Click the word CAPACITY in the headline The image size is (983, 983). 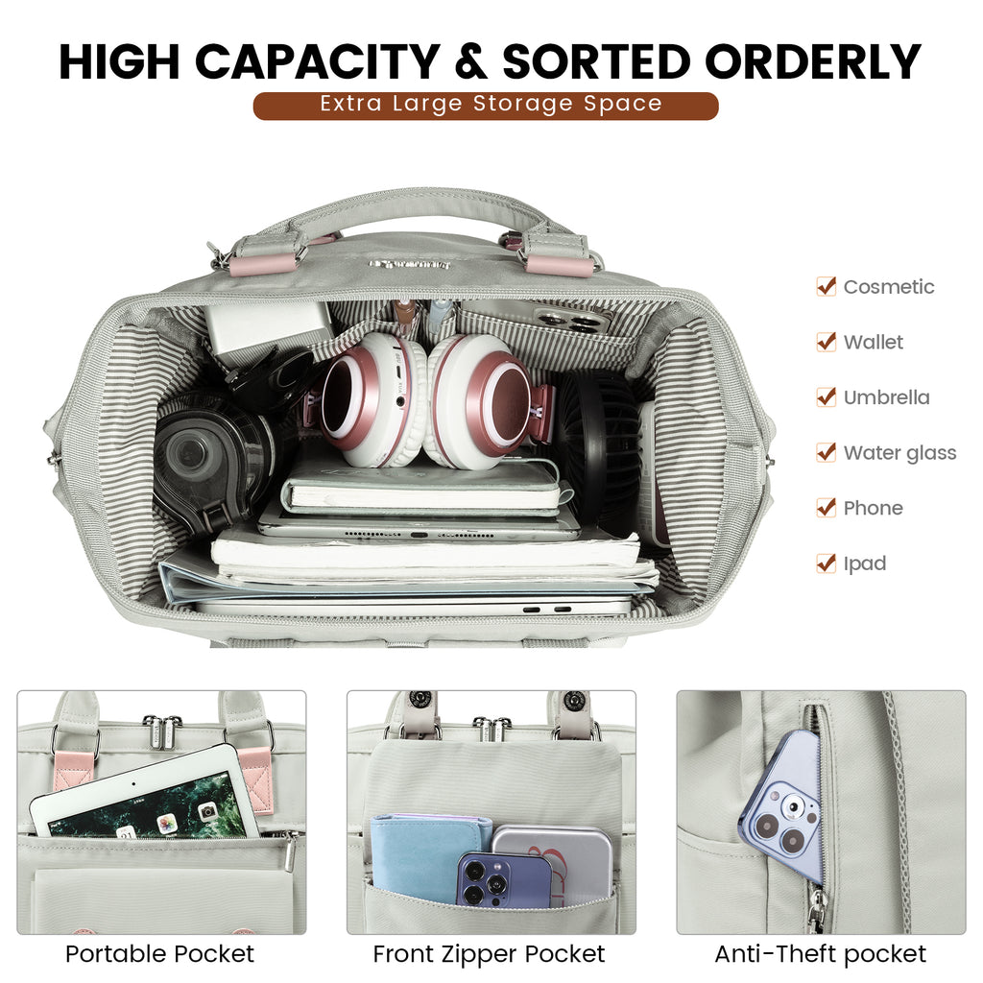pyautogui.click(x=317, y=61)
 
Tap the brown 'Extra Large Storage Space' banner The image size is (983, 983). pyautogui.click(x=485, y=106)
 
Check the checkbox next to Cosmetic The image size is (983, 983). pyautogui.click(x=827, y=286)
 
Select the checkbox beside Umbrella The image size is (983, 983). pyautogui.click(x=827, y=396)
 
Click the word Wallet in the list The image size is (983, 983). pyautogui.click(x=873, y=342)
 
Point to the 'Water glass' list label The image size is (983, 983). pyautogui.click(x=899, y=453)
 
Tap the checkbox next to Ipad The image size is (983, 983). pyautogui.click(x=827, y=563)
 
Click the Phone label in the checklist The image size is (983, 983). pyautogui.click(x=873, y=508)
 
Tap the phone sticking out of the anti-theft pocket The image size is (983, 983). pyautogui.click(x=782, y=808)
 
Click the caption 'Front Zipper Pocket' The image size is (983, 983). pyautogui.click(x=489, y=954)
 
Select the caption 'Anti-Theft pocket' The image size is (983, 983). pyautogui.click(x=820, y=954)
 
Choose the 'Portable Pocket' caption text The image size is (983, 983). pyautogui.click(x=160, y=954)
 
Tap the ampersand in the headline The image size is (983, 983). pyautogui.click(x=470, y=61)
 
